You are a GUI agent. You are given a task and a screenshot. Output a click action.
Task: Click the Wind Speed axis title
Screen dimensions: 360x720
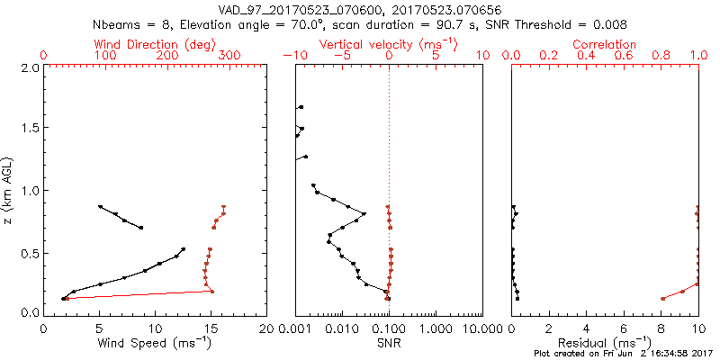[156, 343]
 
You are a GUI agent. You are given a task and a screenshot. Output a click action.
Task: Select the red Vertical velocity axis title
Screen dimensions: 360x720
[388, 44]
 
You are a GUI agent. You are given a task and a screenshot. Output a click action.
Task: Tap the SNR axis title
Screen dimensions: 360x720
[389, 343]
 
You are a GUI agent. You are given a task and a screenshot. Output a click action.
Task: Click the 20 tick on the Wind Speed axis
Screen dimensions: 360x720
[265, 328]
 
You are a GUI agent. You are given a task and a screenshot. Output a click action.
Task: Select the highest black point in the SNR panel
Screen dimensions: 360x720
[301, 108]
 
